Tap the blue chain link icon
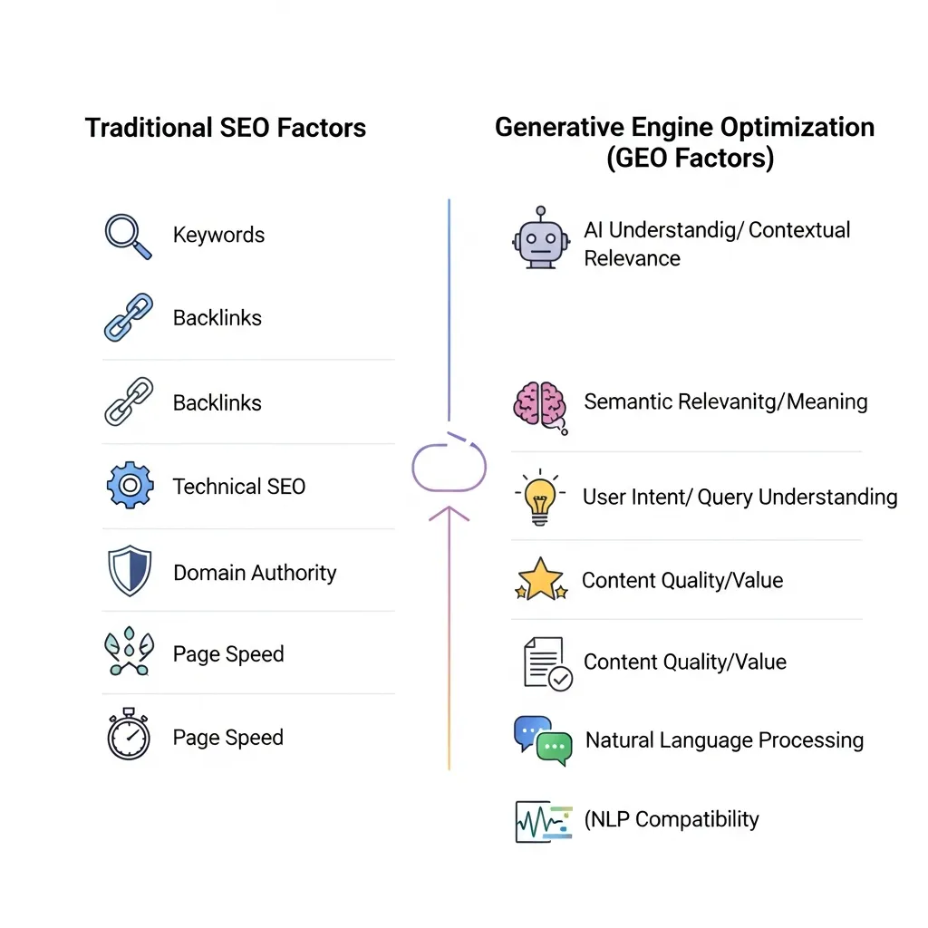tap(128, 317)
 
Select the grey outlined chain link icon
tap(128, 401)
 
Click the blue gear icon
tap(130, 487)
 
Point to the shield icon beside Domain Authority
tap(128, 571)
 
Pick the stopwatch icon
tap(128, 734)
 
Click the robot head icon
tap(540, 238)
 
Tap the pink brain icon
tap(539, 404)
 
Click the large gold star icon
tap(541, 580)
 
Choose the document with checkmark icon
tap(546, 662)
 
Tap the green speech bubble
tap(555, 747)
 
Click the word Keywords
tap(218, 236)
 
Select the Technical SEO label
tap(239, 487)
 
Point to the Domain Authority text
tap(255, 573)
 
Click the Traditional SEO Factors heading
tap(226, 128)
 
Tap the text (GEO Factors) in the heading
tap(690, 158)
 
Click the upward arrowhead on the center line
tap(449, 514)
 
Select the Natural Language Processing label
tap(724, 740)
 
